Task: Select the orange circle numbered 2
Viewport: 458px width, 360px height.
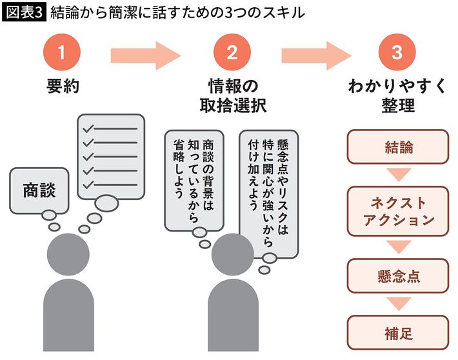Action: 232,54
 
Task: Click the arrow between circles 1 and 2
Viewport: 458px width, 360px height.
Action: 145,54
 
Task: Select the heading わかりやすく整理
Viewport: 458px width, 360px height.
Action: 397,96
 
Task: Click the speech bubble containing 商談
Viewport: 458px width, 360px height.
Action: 39,190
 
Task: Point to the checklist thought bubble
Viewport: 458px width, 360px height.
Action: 110,155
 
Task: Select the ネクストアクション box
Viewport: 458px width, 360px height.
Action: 397,211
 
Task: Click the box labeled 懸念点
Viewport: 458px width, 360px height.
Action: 397,275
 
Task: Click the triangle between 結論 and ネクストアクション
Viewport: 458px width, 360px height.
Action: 397,175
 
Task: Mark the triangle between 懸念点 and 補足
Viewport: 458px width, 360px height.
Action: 397,303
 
